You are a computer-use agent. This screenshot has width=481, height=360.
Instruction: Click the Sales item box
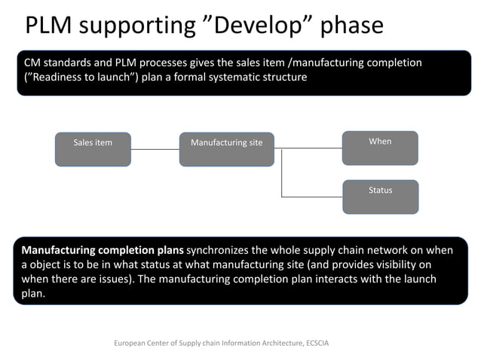[93, 148]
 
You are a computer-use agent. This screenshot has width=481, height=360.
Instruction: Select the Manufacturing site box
[227, 148]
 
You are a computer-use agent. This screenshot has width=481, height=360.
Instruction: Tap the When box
[380, 148]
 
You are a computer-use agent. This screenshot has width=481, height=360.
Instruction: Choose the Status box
[380, 196]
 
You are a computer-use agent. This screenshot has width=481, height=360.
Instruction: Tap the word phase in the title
[352, 26]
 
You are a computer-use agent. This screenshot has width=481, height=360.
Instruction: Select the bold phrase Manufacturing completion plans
[103, 250]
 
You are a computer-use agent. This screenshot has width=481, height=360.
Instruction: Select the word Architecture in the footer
[277, 343]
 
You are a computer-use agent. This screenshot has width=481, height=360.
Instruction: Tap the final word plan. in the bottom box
[34, 294]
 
